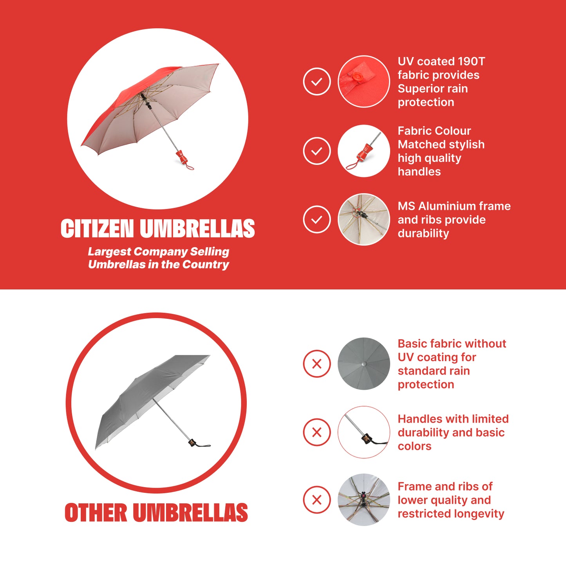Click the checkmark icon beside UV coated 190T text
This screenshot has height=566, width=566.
pyautogui.click(x=316, y=81)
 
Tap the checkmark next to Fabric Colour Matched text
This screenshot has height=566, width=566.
pyautogui.click(x=316, y=151)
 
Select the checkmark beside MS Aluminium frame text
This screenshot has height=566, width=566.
pyautogui.click(x=316, y=219)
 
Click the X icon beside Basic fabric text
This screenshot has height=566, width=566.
pyautogui.click(x=316, y=363)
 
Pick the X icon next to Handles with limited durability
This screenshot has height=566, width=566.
pyautogui.click(x=316, y=432)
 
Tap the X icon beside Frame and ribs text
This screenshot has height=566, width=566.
pyautogui.click(x=316, y=500)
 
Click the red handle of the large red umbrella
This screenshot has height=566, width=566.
pyautogui.click(x=182, y=157)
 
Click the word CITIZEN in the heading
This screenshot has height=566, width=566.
pyautogui.click(x=97, y=228)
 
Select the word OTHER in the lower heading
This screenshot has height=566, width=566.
pyautogui.click(x=96, y=512)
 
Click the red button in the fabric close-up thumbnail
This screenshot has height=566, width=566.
pyautogui.click(x=356, y=77)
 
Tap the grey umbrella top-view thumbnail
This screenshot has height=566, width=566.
pyautogui.click(x=363, y=363)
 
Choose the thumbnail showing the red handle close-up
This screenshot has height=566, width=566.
pyautogui.click(x=363, y=151)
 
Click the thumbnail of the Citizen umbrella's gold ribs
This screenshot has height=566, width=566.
pyautogui.click(x=363, y=219)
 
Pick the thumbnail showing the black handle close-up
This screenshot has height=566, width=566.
pyautogui.click(x=363, y=432)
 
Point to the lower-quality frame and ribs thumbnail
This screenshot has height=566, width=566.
pyautogui.click(x=363, y=500)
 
